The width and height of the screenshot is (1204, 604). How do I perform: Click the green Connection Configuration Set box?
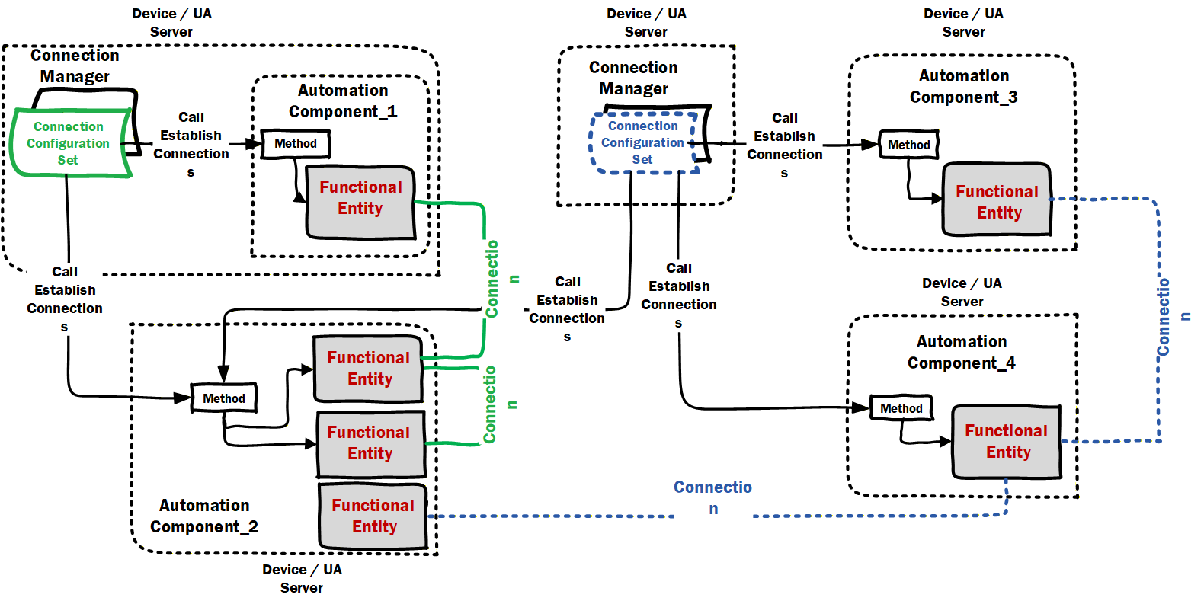(71, 143)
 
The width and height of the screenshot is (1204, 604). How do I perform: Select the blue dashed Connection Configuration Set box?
(643, 143)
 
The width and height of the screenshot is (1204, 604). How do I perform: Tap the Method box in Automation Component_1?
(296, 144)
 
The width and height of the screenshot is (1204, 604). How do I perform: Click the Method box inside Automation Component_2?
(224, 398)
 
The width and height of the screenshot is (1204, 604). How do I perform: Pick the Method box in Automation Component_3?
(909, 145)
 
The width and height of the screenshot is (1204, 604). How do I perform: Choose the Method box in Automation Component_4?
(901, 408)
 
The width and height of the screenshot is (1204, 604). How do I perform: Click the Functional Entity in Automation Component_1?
(360, 202)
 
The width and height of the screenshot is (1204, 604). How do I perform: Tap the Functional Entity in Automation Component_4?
(1006, 442)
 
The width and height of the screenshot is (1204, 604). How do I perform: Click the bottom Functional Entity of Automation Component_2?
(373, 516)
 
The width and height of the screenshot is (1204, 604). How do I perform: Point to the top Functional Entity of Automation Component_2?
(369, 369)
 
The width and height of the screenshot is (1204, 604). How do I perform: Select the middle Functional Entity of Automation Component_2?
(371, 444)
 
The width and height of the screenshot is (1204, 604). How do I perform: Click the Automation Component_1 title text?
(343, 101)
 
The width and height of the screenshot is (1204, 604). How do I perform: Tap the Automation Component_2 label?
(204, 516)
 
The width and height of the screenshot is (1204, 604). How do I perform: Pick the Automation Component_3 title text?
(964, 87)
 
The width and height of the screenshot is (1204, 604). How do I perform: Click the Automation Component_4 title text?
(962, 352)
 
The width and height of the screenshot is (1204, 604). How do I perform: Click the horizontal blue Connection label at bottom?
(712, 497)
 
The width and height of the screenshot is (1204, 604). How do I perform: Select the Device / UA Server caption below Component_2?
(302, 578)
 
